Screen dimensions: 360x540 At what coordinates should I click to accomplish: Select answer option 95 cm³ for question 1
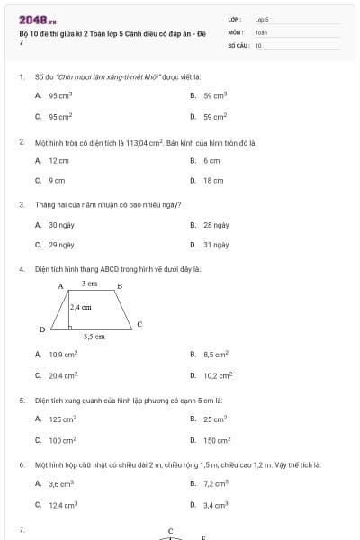point(60,94)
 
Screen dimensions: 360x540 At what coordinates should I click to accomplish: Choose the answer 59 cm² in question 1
point(215,116)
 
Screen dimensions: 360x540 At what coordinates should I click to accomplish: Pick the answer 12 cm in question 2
point(58,160)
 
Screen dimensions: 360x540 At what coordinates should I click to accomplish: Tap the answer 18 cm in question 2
point(213,180)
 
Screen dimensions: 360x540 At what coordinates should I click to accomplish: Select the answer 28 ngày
point(216,225)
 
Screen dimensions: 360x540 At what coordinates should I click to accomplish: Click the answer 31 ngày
point(216,245)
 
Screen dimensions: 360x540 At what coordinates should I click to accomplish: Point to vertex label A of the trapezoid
point(60,286)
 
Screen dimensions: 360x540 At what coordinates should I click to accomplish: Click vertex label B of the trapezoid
point(120,286)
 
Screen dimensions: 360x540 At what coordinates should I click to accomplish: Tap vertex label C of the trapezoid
point(139,323)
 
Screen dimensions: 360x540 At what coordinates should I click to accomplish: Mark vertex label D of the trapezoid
point(41,330)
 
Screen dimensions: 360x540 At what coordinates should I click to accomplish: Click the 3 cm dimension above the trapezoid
point(89,283)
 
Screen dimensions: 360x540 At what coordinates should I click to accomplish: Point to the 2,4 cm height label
point(81,307)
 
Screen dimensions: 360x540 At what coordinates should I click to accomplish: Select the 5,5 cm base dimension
point(94,337)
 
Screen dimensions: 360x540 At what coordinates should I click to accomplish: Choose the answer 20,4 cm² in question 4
point(63,375)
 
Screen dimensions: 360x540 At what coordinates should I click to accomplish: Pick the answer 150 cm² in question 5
point(217,440)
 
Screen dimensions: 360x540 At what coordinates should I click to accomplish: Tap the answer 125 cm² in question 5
point(63,419)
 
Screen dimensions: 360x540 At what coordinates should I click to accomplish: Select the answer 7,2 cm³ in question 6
point(216,484)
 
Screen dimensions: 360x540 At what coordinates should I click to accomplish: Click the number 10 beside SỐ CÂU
point(258,44)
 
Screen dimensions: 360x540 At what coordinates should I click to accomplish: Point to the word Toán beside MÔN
point(261,31)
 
